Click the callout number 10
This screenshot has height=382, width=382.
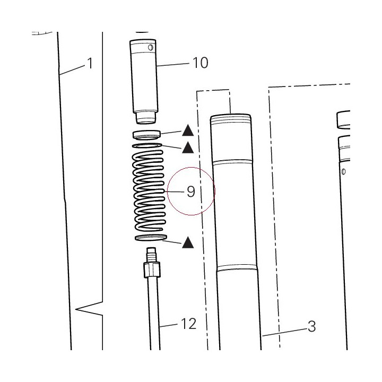200,63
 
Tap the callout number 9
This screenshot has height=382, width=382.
191,192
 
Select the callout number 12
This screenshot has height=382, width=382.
188,324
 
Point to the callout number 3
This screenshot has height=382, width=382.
312,326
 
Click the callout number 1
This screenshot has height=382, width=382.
90,63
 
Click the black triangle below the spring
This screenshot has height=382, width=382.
188,242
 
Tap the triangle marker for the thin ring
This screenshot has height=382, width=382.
188,147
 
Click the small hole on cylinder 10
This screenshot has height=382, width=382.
151,47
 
